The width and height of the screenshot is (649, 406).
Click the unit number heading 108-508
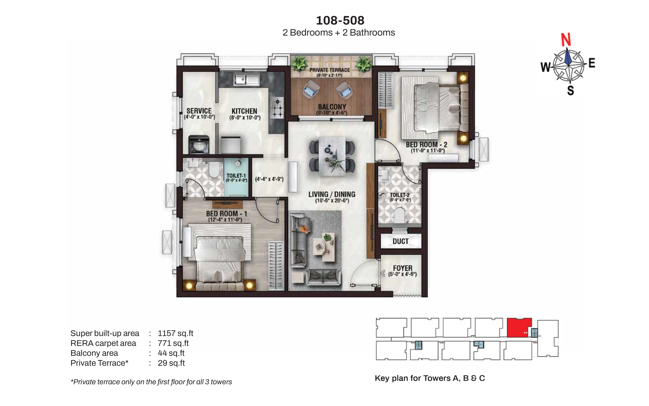(x=340, y=20)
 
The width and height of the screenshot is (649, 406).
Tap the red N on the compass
(x=566, y=40)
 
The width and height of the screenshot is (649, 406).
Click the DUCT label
(x=400, y=241)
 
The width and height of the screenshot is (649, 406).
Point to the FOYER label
(x=403, y=268)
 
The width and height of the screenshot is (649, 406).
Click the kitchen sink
(x=246, y=79)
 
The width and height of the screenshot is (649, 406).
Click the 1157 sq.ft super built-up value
(x=175, y=333)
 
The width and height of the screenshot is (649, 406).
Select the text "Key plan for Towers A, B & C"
(x=430, y=378)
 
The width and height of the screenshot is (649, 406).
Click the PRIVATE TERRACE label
(x=330, y=70)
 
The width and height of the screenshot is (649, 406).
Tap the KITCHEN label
(x=244, y=111)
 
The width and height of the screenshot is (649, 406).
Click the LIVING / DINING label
(x=332, y=194)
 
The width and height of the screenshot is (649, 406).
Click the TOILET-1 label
(x=236, y=176)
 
